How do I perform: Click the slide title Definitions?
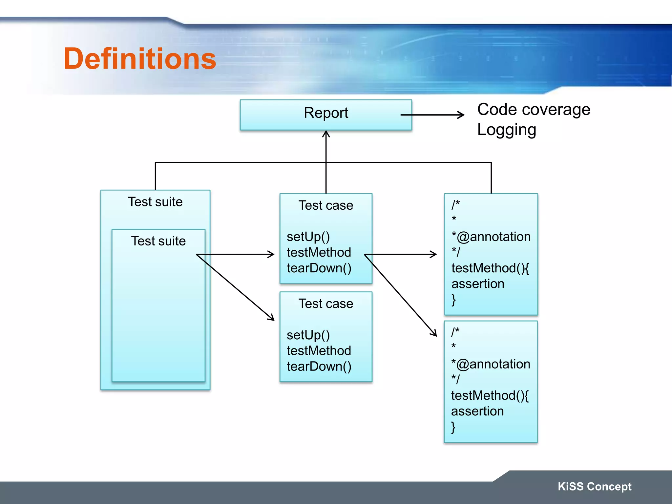click(x=140, y=59)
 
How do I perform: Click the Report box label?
click(x=326, y=113)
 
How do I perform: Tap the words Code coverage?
click(x=534, y=110)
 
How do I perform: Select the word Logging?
click(x=507, y=130)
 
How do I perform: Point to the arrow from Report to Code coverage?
click(x=432, y=115)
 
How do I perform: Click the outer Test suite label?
click(x=155, y=202)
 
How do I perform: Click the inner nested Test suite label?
click(x=158, y=241)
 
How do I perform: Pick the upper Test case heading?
click(x=326, y=205)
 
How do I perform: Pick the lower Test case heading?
click(x=326, y=304)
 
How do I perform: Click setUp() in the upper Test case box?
click(x=308, y=237)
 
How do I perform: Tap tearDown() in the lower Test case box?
click(x=319, y=367)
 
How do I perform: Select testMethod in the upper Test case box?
click(x=319, y=252)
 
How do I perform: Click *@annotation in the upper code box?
click(x=491, y=237)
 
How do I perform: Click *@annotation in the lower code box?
click(x=491, y=364)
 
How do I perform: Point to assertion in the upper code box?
click(x=478, y=284)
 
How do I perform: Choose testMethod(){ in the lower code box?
click(x=490, y=396)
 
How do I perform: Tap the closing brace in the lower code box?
click(x=453, y=427)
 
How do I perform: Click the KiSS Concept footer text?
click(x=595, y=487)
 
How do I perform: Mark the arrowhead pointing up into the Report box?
click(x=326, y=134)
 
